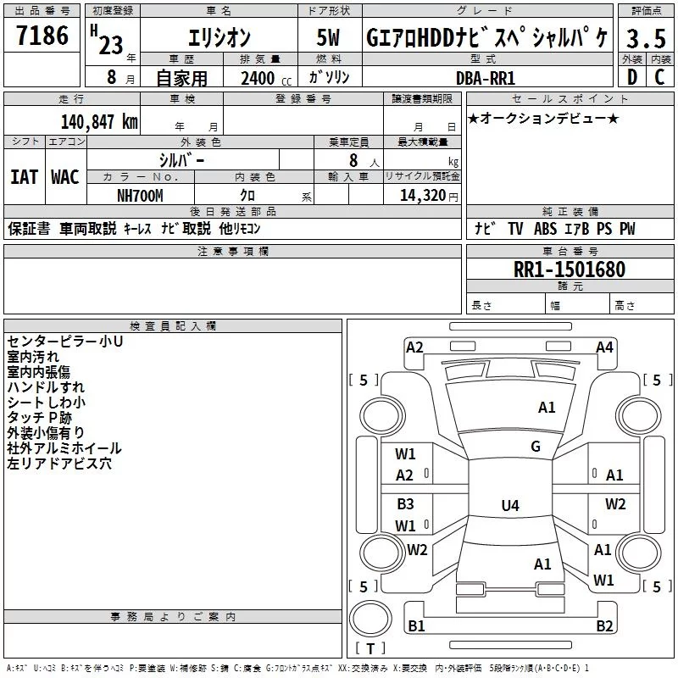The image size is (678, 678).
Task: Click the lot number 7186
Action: tap(42, 36)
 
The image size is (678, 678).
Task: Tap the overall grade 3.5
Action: tap(646, 39)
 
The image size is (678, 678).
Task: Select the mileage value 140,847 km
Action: tap(99, 122)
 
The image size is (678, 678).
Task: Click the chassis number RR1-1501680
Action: tap(570, 270)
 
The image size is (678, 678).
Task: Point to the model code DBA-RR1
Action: tap(486, 78)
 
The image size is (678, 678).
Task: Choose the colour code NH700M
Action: tap(140, 196)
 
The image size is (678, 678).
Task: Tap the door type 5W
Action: tap(328, 37)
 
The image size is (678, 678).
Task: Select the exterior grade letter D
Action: tap(632, 77)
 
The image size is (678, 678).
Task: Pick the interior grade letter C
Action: tap(659, 77)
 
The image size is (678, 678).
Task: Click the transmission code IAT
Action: tap(25, 177)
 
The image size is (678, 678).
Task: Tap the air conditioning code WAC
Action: tap(65, 177)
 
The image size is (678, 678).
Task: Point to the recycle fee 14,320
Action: tap(423, 196)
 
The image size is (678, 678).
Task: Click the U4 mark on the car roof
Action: tap(510, 505)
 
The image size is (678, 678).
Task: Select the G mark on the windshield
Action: tap(536, 446)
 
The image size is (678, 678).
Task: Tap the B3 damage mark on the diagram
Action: tap(406, 503)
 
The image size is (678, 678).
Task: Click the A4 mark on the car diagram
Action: tap(604, 347)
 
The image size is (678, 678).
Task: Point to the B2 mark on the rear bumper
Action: tap(604, 625)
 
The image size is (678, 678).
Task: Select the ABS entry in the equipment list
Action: tap(545, 228)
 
